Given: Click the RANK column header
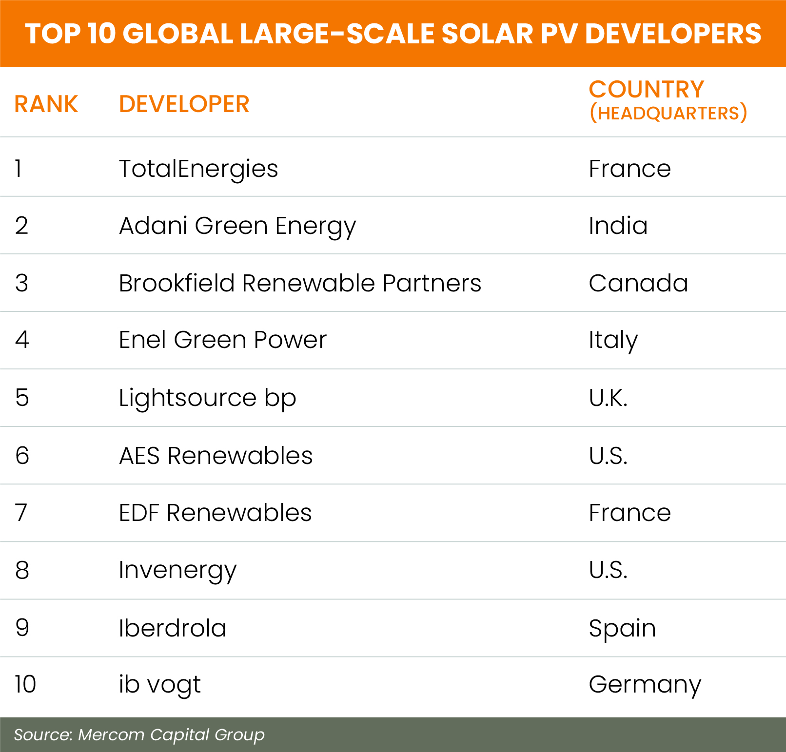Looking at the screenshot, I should (x=46, y=104).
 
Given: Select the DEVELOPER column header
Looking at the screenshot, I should (x=184, y=104).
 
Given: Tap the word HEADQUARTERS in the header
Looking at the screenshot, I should (x=668, y=113).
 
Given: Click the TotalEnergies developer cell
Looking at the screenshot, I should (x=198, y=169).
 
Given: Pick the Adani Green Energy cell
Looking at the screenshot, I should (x=237, y=226).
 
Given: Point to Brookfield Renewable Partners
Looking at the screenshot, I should (x=300, y=283).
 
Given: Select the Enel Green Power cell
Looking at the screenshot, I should (x=223, y=340).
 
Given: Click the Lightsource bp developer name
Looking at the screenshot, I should (x=207, y=398).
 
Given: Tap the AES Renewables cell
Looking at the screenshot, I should (x=216, y=456).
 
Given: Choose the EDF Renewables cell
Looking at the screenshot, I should (x=215, y=513).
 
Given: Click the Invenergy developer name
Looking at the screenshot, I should (x=177, y=570).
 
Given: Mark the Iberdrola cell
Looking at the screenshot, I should (x=173, y=628).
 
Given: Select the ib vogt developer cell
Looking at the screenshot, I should (x=159, y=685).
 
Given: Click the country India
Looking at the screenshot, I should (x=618, y=226).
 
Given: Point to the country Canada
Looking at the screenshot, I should (x=638, y=283).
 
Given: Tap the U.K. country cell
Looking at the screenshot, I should (x=608, y=398).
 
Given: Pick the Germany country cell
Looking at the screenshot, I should (x=645, y=685).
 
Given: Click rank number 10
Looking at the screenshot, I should (x=25, y=684).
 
